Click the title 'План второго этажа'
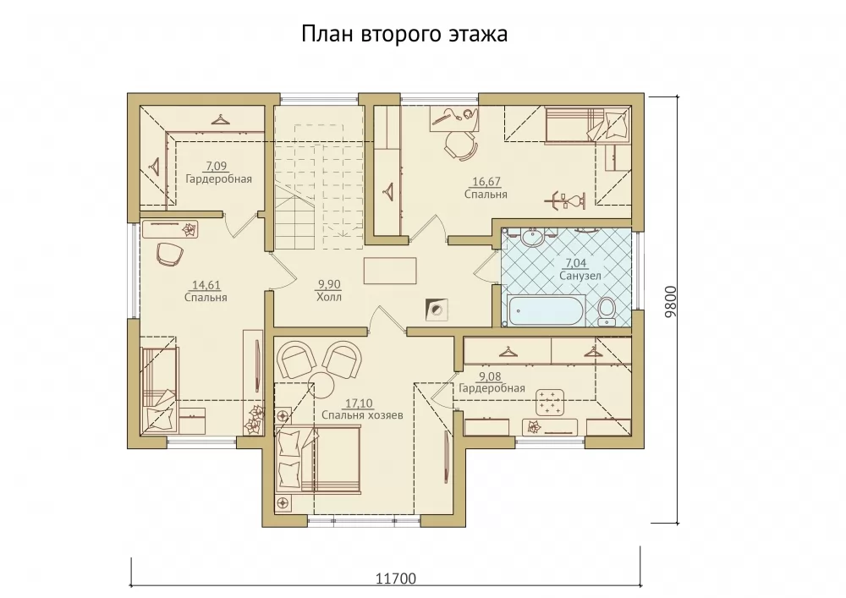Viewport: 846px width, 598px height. click(x=404, y=34)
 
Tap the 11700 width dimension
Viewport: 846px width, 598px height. click(x=395, y=579)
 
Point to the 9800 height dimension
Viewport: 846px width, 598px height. click(x=670, y=301)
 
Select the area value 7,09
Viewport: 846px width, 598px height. click(x=216, y=166)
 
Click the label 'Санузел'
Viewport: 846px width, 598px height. click(x=580, y=276)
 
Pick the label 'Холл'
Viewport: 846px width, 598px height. click(x=328, y=297)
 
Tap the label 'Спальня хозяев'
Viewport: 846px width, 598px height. click(x=362, y=415)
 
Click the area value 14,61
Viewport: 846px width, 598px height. click(x=206, y=285)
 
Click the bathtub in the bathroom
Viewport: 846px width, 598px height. click(x=546, y=310)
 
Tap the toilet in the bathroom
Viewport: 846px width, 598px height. click(x=607, y=311)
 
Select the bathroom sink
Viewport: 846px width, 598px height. click(x=533, y=237)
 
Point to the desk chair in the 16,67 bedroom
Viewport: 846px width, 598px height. click(x=459, y=145)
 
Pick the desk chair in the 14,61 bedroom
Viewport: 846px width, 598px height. click(x=169, y=254)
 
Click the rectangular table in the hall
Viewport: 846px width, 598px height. click(x=390, y=271)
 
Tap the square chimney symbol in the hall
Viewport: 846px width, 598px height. click(x=436, y=310)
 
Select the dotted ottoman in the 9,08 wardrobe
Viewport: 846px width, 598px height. click(x=550, y=403)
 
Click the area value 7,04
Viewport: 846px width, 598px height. click(x=575, y=263)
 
